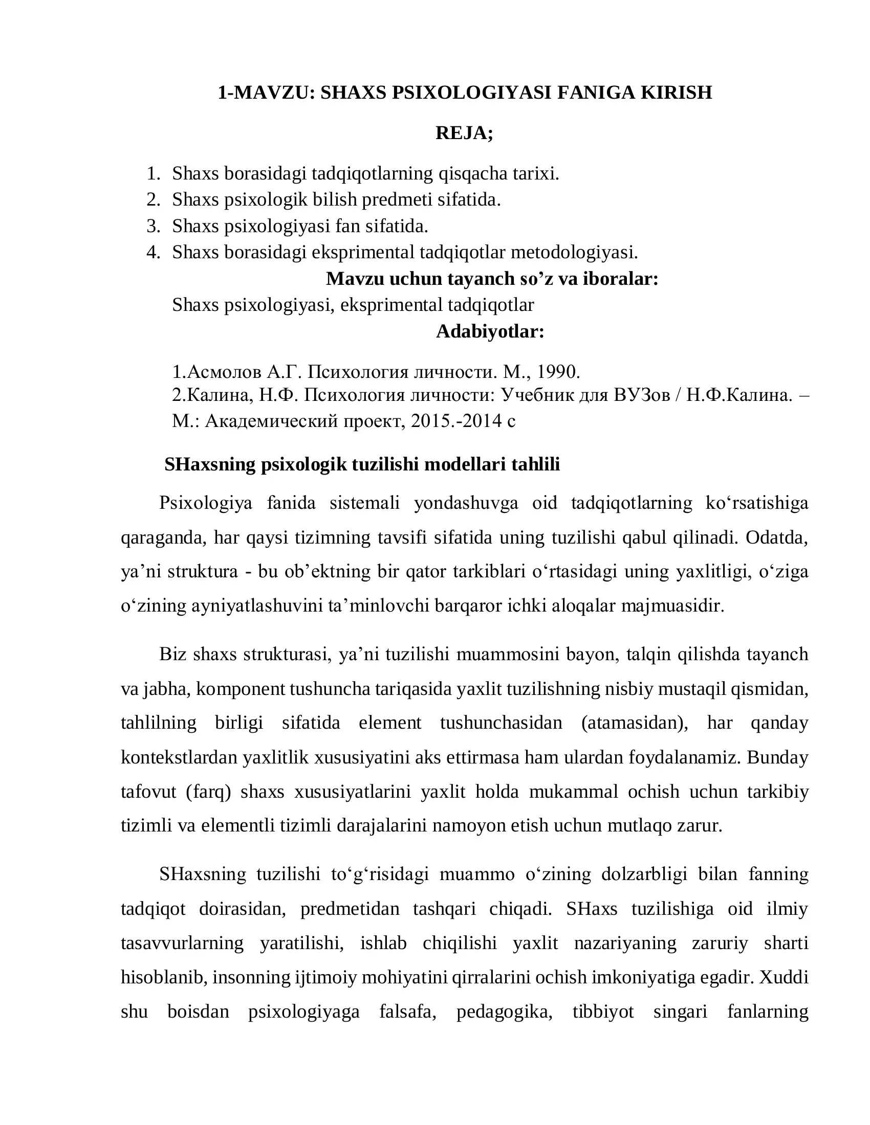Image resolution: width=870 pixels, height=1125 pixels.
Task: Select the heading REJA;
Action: click(464, 133)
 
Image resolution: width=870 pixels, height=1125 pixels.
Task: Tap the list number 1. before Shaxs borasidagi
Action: click(153, 173)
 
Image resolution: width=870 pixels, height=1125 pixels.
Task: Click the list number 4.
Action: click(153, 253)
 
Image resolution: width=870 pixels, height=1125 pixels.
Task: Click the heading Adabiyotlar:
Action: click(490, 331)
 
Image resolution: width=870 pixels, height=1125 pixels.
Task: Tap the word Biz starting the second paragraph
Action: click(172, 654)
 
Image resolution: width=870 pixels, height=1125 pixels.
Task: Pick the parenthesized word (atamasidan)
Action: click(635, 723)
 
